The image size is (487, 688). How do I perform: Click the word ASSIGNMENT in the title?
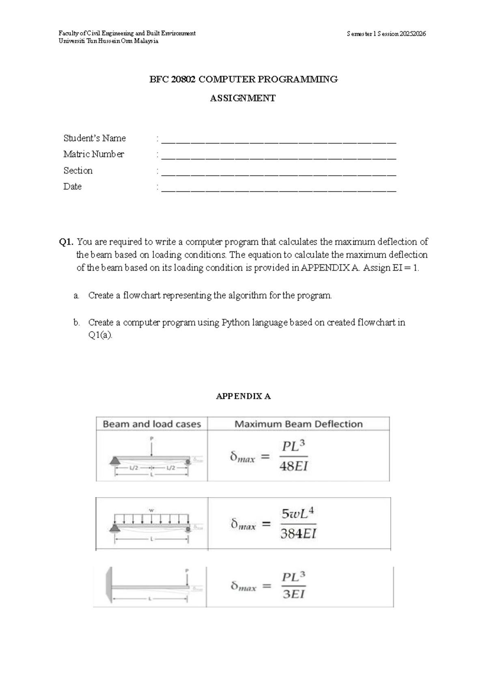coord(243,98)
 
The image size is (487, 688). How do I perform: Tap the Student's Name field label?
coord(95,138)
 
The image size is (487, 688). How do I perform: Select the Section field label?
coord(78,171)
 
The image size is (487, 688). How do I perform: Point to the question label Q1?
coord(66,242)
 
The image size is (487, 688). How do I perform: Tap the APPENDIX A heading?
coord(243,396)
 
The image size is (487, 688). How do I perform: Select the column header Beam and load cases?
coord(152,424)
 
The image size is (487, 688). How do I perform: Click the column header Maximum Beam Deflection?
coord(298,424)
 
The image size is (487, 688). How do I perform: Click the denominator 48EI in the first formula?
coord(293,466)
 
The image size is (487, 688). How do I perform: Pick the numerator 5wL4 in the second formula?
coord(298,514)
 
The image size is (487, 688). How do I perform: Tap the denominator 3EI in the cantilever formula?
coord(293,594)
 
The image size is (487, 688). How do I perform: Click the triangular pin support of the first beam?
coord(115,460)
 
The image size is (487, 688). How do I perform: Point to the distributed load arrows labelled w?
coord(151,518)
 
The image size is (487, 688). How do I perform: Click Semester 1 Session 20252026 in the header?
coord(386,34)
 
